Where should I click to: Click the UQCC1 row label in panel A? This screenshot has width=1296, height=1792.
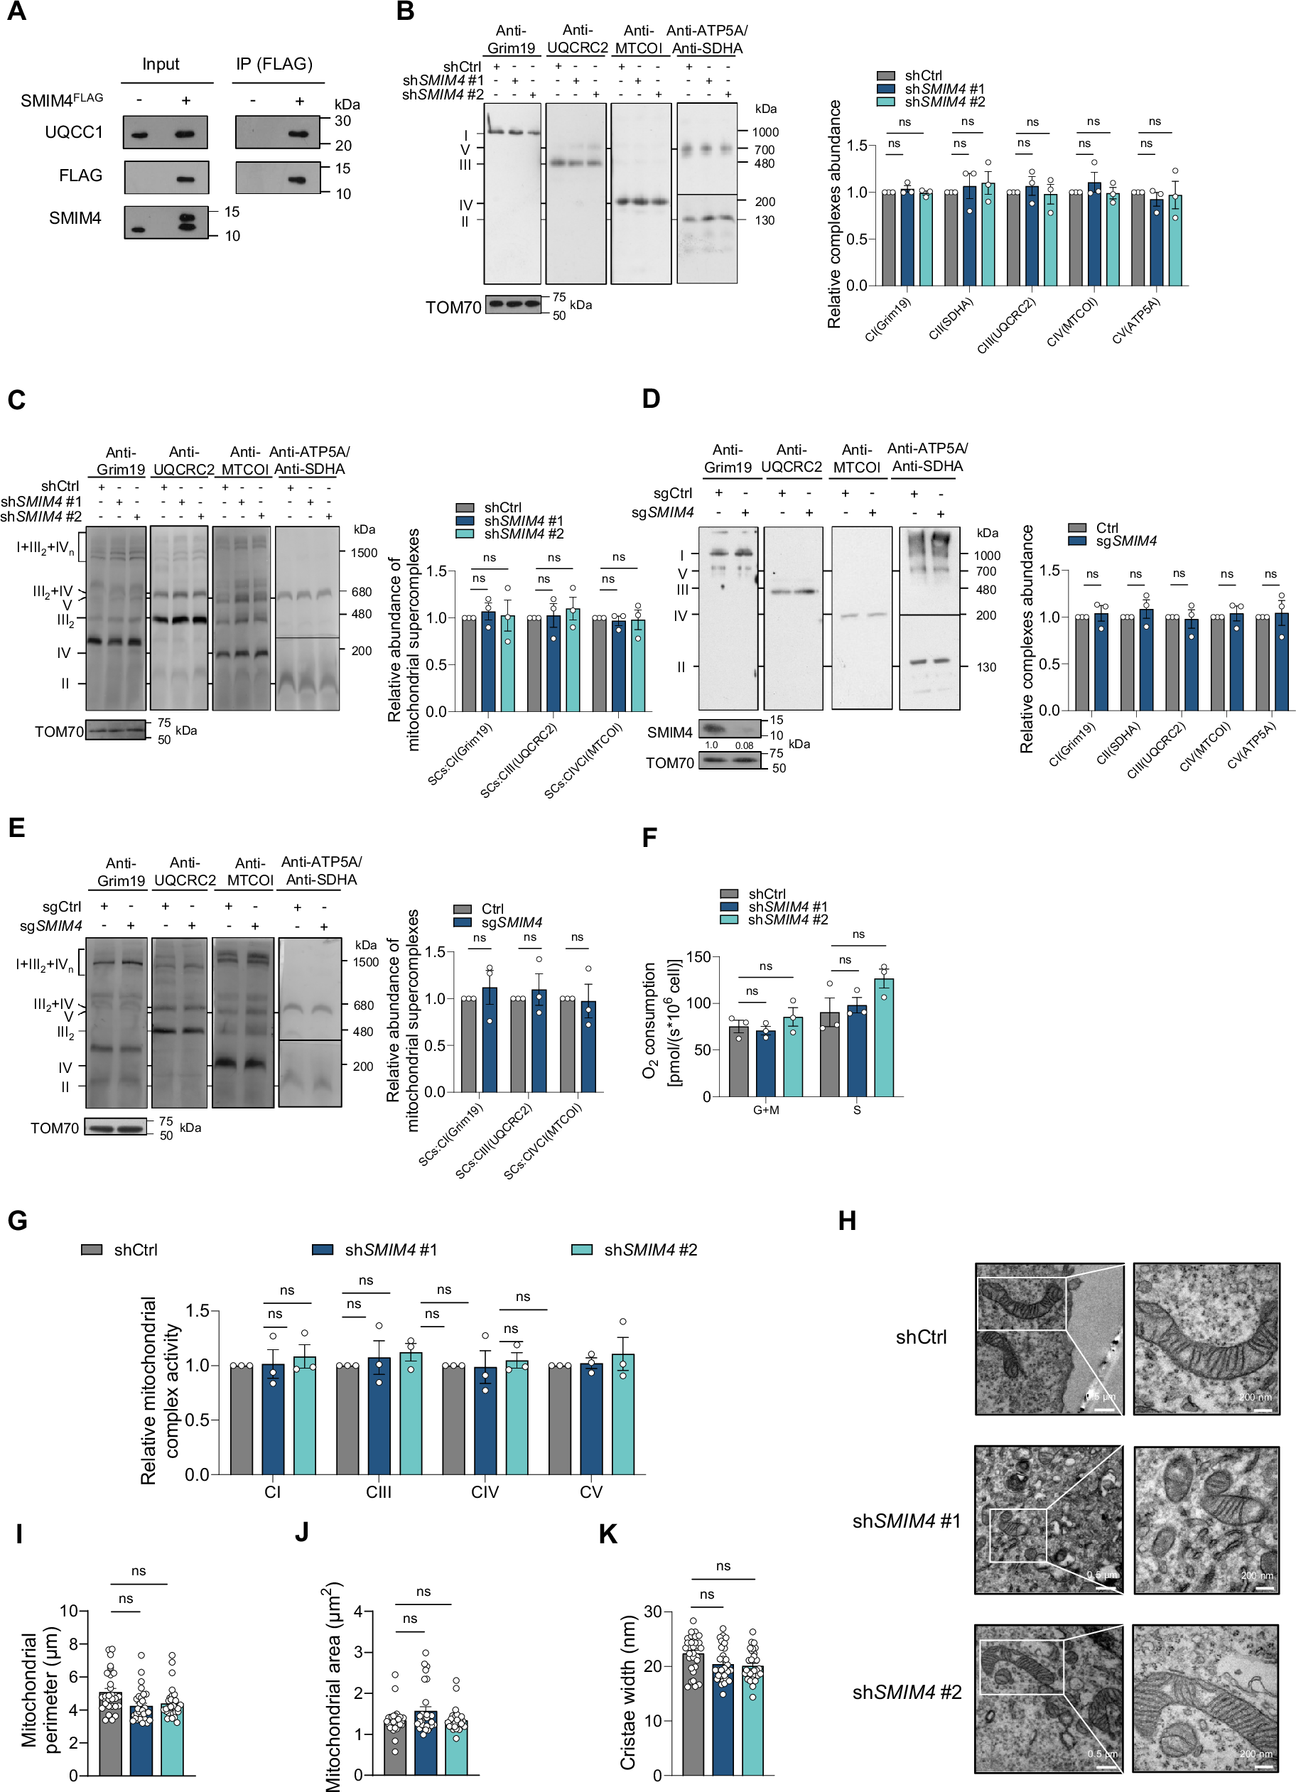point(73,132)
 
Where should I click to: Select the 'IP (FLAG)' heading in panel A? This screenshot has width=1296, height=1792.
point(274,64)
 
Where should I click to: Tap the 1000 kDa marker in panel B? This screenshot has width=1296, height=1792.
point(765,132)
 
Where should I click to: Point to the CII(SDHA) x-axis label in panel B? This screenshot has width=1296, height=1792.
point(951,319)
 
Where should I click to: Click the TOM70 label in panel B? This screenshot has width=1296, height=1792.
point(453,308)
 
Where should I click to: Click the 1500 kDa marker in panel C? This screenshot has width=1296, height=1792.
point(364,553)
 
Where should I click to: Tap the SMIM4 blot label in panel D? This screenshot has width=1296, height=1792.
point(669,733)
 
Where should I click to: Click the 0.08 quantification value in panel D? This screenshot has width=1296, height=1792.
point(744,745)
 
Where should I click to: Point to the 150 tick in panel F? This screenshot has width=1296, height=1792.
point(698,957)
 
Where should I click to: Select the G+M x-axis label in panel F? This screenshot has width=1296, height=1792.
point(766,1110)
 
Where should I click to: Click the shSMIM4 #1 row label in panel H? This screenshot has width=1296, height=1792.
point(906,1521)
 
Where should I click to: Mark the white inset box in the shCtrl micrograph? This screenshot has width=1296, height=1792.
point(1021,1304)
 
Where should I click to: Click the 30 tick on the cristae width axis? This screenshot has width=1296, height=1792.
point(652,1612)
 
